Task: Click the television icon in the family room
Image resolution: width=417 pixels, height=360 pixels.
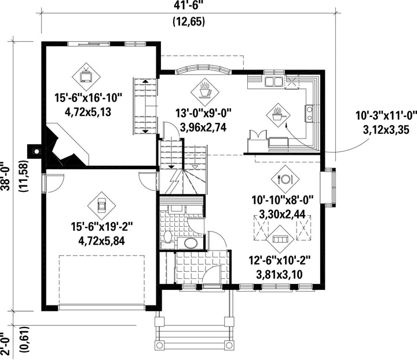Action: coord(86,77)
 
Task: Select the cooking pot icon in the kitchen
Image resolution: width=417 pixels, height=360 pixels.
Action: coord(278,115)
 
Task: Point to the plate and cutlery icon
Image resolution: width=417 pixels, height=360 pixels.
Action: coord(285,179)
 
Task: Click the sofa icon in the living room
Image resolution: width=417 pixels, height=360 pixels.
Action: coord(280,239)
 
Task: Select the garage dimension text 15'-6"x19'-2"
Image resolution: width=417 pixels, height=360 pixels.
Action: coord(101,227)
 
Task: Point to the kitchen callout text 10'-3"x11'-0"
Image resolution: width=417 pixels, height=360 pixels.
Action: coord(386,116)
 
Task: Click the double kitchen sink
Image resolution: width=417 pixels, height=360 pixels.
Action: coord(273,82)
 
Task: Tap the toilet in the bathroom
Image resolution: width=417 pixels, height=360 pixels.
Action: coord(167,238)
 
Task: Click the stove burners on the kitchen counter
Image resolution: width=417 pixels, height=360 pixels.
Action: coord(309,113)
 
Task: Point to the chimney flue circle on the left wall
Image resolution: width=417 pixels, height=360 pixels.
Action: coord(36,151)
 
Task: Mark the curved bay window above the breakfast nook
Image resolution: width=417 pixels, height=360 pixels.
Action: coord(203,69)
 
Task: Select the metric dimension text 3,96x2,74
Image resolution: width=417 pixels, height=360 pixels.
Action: coord(203,128)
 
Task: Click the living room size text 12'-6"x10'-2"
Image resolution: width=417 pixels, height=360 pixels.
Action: coord(280,260)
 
